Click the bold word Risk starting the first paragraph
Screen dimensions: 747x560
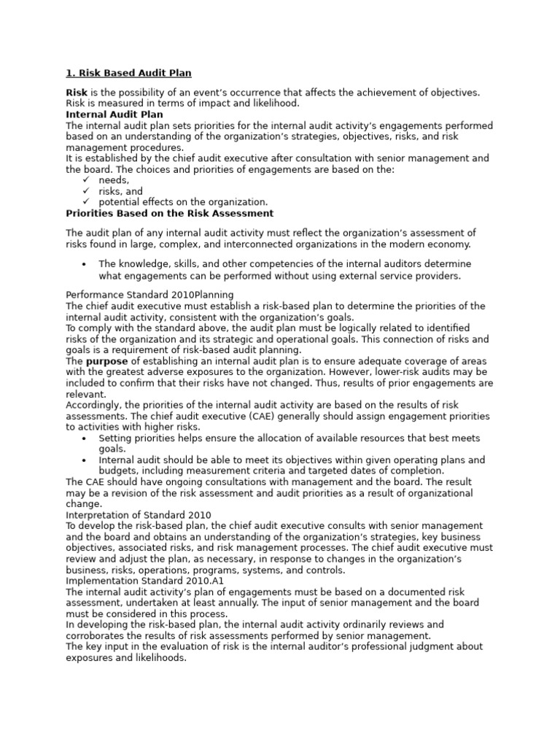point(77,93)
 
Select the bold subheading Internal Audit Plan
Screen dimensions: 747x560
point(114,115)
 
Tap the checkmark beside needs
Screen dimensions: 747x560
point(86,179)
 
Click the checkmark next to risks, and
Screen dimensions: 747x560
point(86,191)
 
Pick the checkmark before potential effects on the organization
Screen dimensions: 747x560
point(86,202)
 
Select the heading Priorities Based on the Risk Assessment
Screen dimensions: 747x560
point(170,213)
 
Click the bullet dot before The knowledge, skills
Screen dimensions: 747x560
point(85,264)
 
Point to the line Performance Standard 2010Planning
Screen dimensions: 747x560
point(149,294)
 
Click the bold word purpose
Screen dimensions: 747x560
point(107,361)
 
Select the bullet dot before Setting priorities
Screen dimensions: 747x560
point(85,438)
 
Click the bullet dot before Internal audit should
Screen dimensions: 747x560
point(85,460)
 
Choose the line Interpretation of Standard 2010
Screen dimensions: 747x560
point(139,514)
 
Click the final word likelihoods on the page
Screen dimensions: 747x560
point(159,657)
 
